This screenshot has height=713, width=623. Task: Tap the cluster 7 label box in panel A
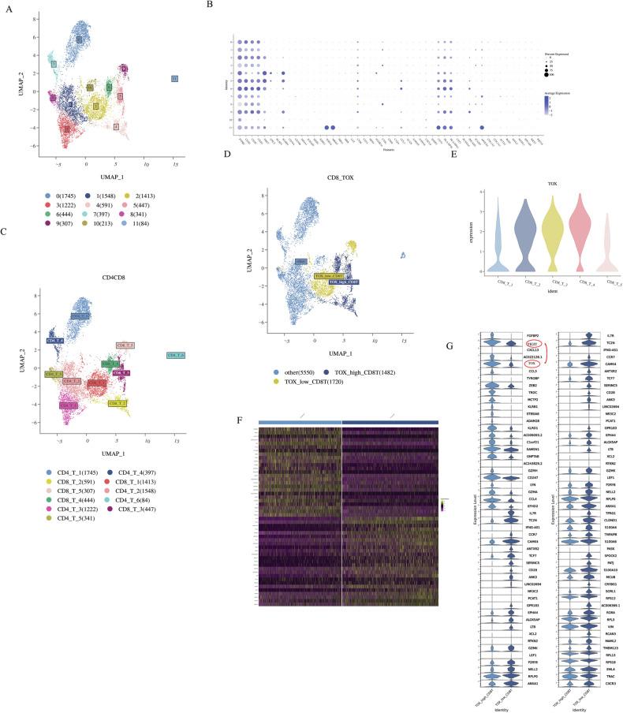tap(54, 64)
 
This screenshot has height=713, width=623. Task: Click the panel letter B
tap(209, 6)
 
